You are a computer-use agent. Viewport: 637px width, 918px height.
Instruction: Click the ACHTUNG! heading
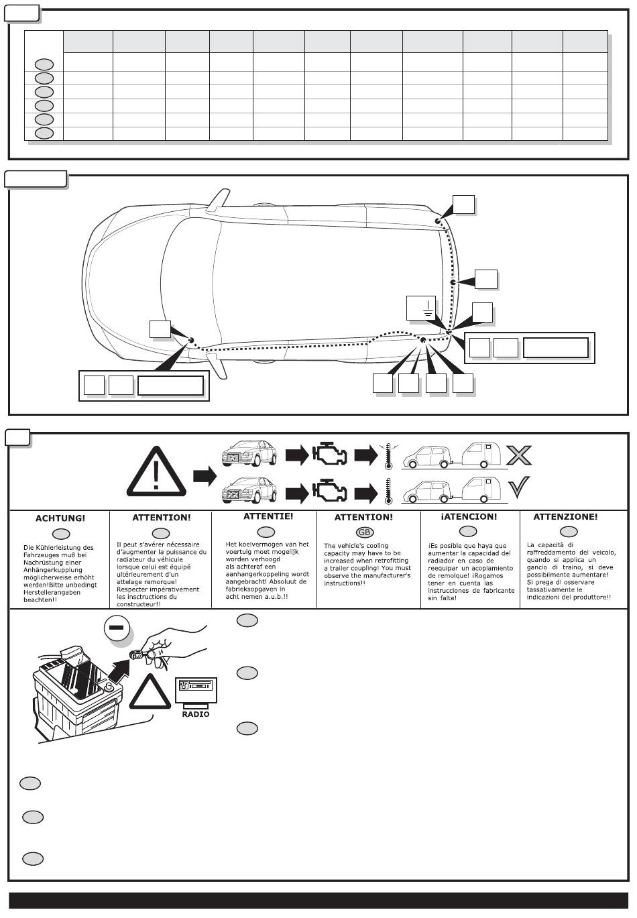click(60, 518)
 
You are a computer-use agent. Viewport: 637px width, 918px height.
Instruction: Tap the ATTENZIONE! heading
click(565, 517)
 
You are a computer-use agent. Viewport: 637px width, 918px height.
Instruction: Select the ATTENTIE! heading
click(268, 516)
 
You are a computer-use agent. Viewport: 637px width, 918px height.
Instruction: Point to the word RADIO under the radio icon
click(196, 714)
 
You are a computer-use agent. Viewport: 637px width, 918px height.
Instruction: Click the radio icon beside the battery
click(196, 689)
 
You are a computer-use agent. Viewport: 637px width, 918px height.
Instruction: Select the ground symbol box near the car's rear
click(421, 308)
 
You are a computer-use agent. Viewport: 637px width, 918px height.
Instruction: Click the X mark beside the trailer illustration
click(518, 455)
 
